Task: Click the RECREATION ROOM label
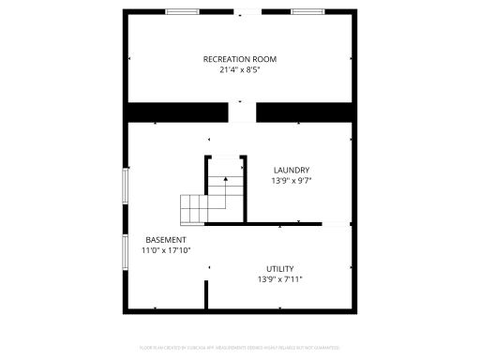click(240, 59)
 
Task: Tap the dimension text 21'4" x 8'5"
click(240, 69)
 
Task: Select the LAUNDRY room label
click(291, 170)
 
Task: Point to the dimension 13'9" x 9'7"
click(291, 180)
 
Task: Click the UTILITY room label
click(279, 268)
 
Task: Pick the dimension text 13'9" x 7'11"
click(279, 278)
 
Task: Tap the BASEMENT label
click(165, 240)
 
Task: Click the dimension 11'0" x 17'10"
click(166, 250)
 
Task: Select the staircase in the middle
click(210, 199)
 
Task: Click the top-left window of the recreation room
click(181, 12)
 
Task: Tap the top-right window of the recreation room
click(307, 12)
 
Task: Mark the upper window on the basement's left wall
click(126, 184)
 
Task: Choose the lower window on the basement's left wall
click(126, 251)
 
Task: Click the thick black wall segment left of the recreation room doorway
click(177, 112)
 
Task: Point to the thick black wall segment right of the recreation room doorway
click(306, 112)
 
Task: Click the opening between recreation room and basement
click(242, 112)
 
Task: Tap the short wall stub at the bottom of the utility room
click(206, 293)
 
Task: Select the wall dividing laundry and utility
click(263, 224)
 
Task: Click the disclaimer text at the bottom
click(240, 347)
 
